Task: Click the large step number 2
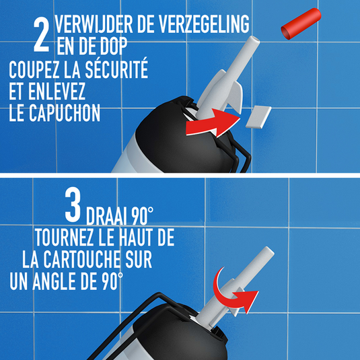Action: click(41, 35)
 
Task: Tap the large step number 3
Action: click(73, 205)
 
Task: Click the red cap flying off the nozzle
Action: click(301, 24)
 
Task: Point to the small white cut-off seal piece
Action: click(258, 117)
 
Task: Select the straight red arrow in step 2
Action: click(213, 123)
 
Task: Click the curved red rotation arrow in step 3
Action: click(232, 291)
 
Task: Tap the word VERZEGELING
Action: click(204, 24)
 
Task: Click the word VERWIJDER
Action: click(94, 24)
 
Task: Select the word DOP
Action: click(112, 46)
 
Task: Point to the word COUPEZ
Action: click(34, 70)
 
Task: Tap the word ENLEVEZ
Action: click(57, 91)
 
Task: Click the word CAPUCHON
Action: click(65, 112)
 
